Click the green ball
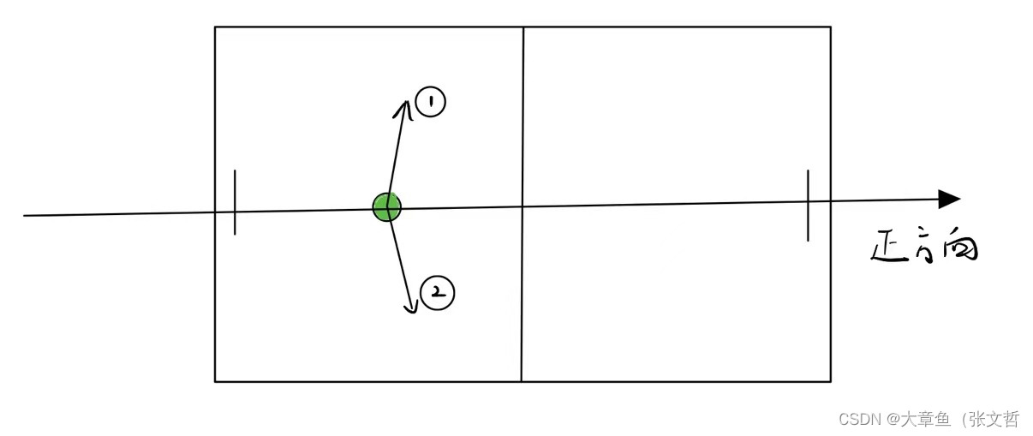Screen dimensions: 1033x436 click(386, 206)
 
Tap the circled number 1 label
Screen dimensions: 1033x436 click(430, 103)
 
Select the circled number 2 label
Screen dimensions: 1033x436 click(438, 293)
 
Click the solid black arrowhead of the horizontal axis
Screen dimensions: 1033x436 click(948, 200)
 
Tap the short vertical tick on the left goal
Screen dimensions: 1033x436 click(235, 201)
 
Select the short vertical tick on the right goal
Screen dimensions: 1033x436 click(807, 206)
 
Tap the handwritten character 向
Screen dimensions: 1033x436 click(959, 248)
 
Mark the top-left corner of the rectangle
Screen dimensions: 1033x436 click(215, 27)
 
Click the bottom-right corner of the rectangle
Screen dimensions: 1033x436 click(830, 381)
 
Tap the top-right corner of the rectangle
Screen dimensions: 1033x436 click(830, 27)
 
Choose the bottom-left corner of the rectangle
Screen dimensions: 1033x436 click(215, 381)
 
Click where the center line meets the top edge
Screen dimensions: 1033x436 click(522, 27)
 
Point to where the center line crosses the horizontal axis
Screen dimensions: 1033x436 click(522, 206)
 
